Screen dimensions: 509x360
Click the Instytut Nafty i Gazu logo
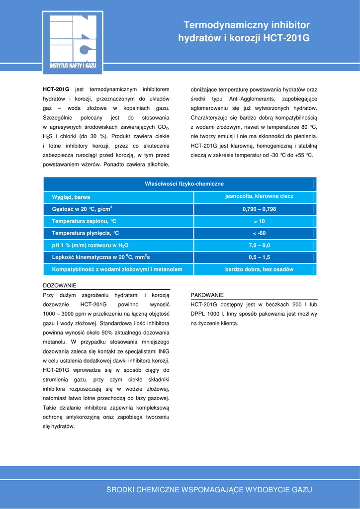(73, 43)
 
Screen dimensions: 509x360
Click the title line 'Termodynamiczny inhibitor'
(246, 25)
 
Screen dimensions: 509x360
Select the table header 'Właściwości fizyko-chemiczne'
(184, 184)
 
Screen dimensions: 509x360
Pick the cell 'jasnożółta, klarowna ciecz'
(259, 196)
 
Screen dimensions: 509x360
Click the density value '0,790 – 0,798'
(259, 209)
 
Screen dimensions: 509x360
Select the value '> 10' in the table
(259, 221)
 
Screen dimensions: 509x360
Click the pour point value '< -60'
(259, 233)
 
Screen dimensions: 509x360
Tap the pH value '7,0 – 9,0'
(259, 245)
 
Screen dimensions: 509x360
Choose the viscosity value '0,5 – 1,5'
(259, 257)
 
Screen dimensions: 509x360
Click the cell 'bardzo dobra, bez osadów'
(259, 269)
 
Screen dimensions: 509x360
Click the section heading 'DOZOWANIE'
(60, 286)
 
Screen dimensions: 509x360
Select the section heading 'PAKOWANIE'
(207, 295)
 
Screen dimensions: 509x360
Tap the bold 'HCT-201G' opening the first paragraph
(56, 89)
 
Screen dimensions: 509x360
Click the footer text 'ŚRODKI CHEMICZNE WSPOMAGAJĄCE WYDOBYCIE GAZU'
(209, 490)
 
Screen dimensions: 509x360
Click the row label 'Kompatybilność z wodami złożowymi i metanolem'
(117, 269)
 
